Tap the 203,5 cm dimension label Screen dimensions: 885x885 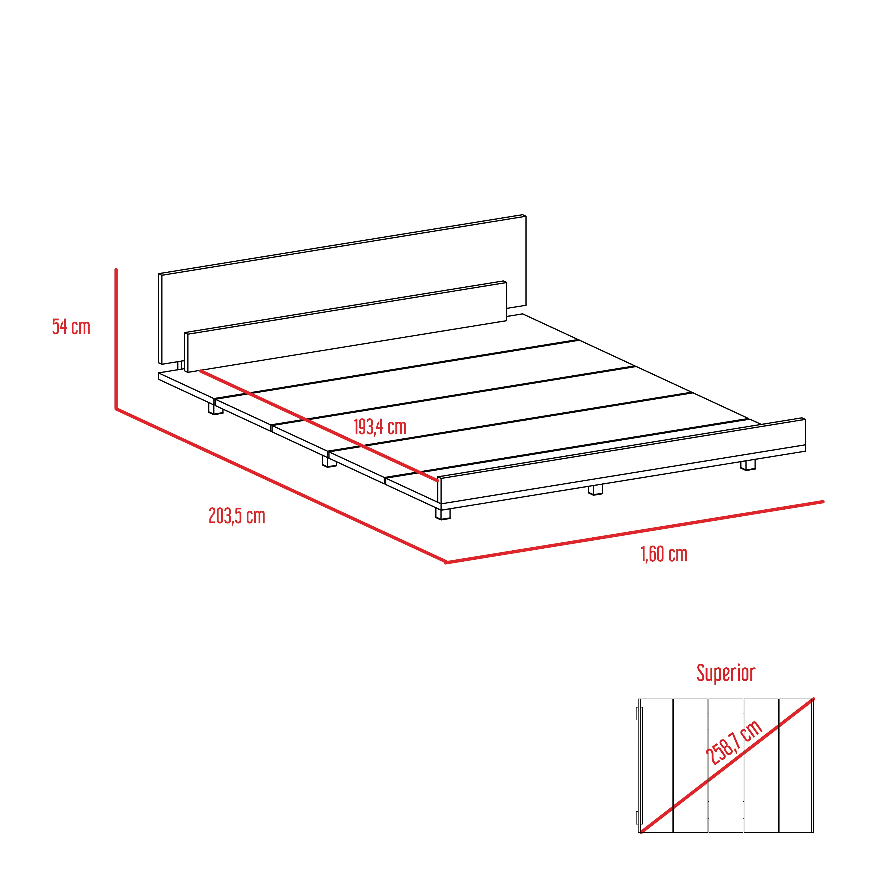pyautogui.click(x=237, y=516)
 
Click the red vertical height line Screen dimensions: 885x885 pyautogui.click(x=116, y=339)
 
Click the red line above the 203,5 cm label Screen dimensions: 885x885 pyautogui.click(x=281, y=486)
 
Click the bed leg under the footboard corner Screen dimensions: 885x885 pyautogui.click(x=443, y=514)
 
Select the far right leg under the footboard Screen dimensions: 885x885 pyautogui.click(x=748, y=466)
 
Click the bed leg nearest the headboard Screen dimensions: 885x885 pyautogui.click(x=216, y=409)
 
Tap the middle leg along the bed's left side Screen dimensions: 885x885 pyautogui.click(x=329, y=461)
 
